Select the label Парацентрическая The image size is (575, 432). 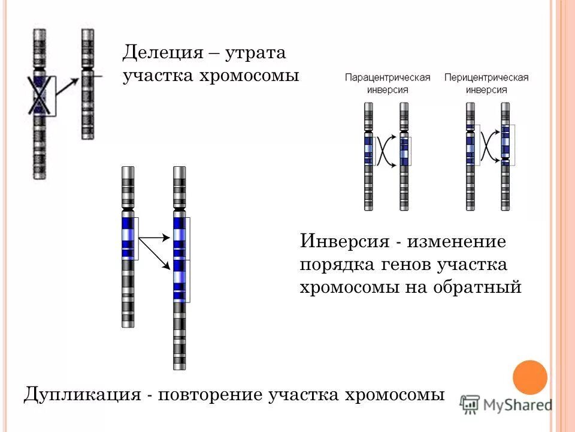pos(388,78)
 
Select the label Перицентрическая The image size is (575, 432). pos(486,78)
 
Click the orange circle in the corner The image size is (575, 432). pos(531,377)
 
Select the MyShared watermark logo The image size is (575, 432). pos(507,404)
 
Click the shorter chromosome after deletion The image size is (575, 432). pos(88,84)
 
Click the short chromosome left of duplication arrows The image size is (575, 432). pos(128,246)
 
